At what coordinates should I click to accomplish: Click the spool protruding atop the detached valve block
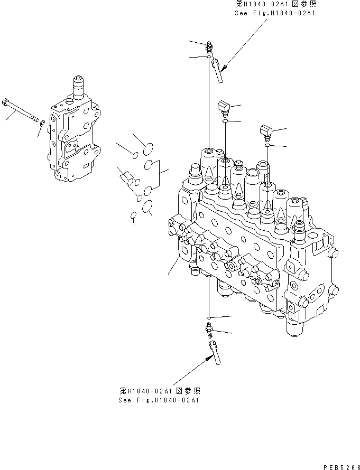tap(78, 84)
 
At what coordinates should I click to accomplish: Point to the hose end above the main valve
tap(217, 70)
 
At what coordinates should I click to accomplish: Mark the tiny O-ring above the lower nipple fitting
tap(209, 318)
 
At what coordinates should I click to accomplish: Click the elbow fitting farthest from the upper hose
tap(266, 130)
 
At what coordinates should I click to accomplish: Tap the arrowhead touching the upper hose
tap(225, 68)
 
